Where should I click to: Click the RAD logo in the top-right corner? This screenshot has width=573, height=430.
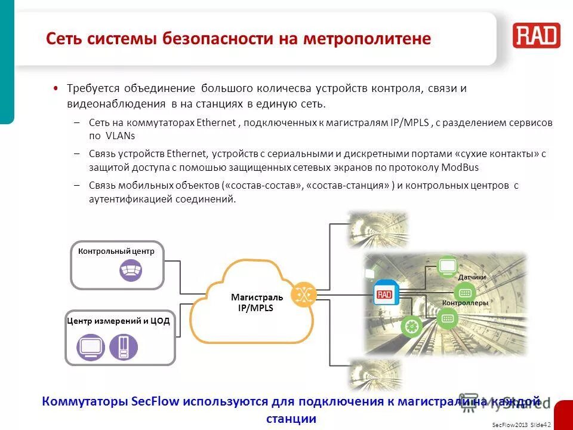(536, 35)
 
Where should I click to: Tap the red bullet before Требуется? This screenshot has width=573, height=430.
(56, 88)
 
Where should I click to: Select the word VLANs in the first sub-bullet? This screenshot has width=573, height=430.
(104, 136)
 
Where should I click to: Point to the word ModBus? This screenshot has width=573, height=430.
(460, 167)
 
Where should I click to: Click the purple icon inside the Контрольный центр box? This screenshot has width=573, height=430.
(130, 271)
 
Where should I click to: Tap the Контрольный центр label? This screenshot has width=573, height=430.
(116, 251)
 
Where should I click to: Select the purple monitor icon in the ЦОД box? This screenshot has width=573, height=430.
(91, 347)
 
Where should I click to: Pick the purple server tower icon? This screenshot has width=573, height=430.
(124, 347)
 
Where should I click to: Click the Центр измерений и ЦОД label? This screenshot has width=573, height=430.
(119, 321)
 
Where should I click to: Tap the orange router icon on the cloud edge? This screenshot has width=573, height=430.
(304, 294)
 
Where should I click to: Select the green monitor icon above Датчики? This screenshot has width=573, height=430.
(447, 266)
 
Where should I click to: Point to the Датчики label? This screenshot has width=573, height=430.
(472, 278)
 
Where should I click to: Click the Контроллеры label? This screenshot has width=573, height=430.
(465, 303)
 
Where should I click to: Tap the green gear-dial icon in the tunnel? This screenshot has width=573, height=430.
(411, 325)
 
